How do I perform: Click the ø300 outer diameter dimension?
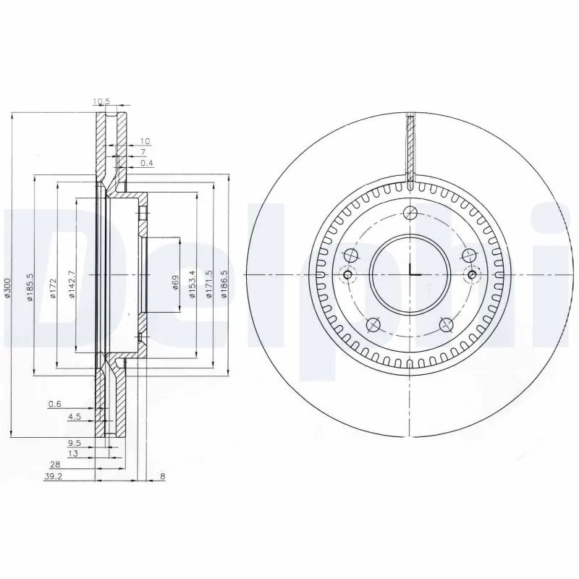pyautogui.click(x=7, y=289)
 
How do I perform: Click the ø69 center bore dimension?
pyautogui.click(x=175, y=282)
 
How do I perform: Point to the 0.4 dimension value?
pyautogui.click(x=146, y=164)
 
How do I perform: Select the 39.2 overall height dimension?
pyautogui.click(x=51, y=477)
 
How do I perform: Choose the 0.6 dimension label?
pyautogui.click(x=54, y=404)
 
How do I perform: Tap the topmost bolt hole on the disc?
pyautogui.click(x=410, y=213)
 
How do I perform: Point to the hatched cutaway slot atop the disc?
pyautogui.click(x=410, y=148)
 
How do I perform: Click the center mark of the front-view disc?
pyautogui.click(x=410, y=274)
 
